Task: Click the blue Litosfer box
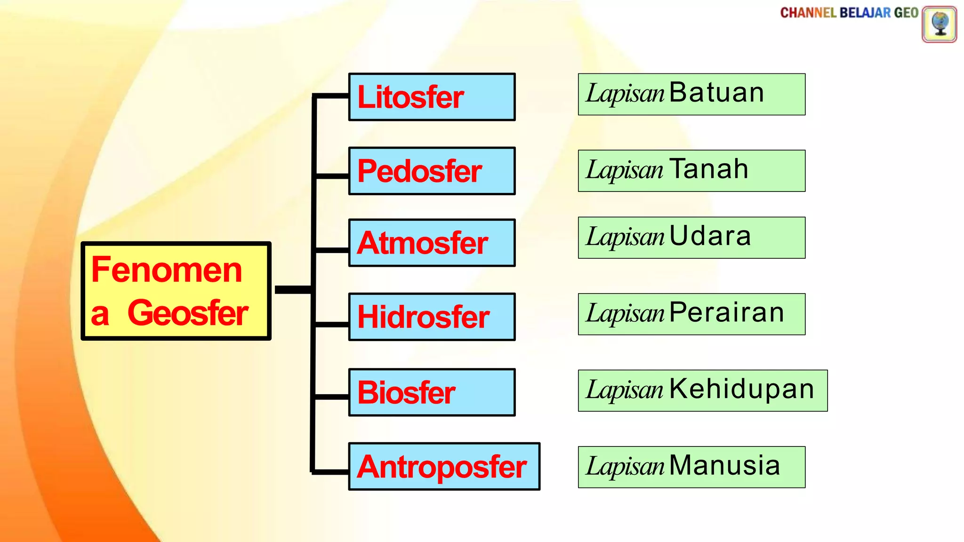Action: pos(432,97)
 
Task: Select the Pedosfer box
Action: pos(432,171)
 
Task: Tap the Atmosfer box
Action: pos(432,243)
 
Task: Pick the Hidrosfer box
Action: pos(432,317)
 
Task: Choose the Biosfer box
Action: pos(432,392)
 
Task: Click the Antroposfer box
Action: pos(444,466)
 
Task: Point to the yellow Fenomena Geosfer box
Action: pos(176,291)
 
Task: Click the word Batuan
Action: pos(716,93)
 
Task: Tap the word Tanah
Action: pos(709,169)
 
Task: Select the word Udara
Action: pos(710,236)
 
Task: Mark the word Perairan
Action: pos(727,313)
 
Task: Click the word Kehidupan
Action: pos(742,390)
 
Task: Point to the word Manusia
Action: pos(725,466)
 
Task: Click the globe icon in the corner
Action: pos(939,24)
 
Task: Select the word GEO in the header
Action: pos(906,13)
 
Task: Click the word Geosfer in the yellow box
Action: pos(188,313)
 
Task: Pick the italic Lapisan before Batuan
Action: pos(625,93)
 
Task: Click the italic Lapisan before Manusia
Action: pos(625,466)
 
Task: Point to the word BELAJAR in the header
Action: pos(865,13)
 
